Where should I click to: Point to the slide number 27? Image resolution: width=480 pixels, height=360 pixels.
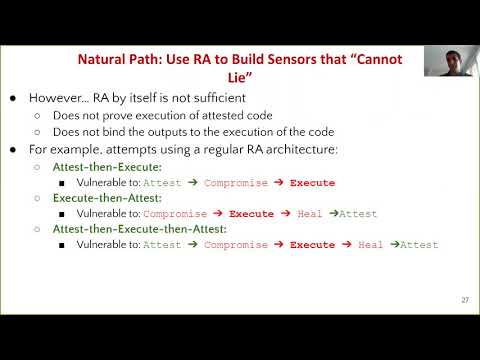(465, 299)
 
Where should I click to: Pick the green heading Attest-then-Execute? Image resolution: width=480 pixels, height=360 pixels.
(101, 167)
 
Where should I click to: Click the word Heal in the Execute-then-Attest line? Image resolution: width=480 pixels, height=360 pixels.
(309, 214)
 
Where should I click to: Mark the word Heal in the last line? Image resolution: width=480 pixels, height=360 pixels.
(370, 245)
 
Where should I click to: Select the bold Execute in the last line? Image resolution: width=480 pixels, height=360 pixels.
(312, 245)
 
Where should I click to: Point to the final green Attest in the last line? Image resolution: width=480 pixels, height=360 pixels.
(418, 245)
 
